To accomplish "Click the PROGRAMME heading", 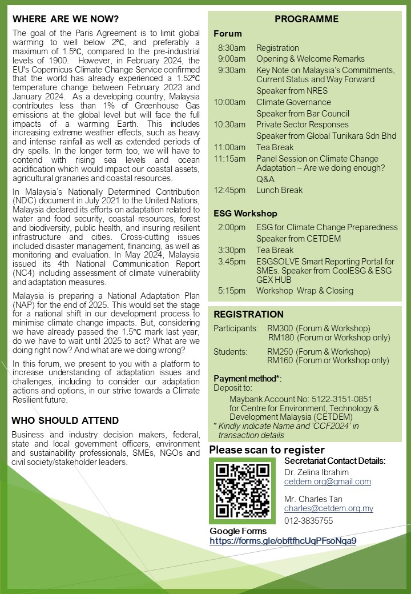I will pyautogui.click(x=307, y=19).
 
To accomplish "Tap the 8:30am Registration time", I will pyautogui.click(x=232, y=48).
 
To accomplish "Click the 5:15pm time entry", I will pyautogui.click(x=232, y=291).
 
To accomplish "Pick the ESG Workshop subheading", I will pyautogui.click(x=245, y=213).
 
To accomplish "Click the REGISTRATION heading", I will pyautogui.click(x=248, y=314).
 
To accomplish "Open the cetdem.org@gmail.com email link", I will pyautogui.click(x=328, y=481).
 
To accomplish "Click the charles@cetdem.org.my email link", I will pyautogui.click(x=329, y=508).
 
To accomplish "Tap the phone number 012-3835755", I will pyautogui.click(x=309, y=521).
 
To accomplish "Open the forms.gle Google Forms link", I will pyautogui.click(x=283, y=540).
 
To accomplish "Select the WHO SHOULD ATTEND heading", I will pyautogui.click(x=65, y=421).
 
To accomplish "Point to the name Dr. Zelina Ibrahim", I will pyautogui.click(x=316, y=472).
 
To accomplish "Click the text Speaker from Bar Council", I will pyautogui.click(x=303, y=114).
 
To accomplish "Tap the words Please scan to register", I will pyautogui.click(x=267, y=449).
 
